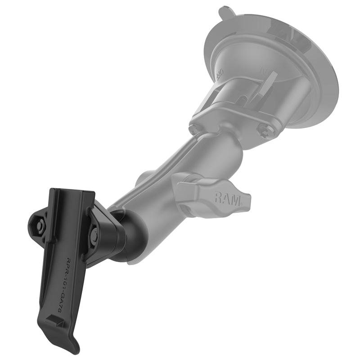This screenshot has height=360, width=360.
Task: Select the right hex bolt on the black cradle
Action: pyautogui.click(x=94, y=233)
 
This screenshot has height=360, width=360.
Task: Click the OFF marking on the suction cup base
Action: pyautogui.click(x=220, y=72)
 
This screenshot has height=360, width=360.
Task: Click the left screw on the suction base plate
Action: pyautogui.click(x=195, y=129)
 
